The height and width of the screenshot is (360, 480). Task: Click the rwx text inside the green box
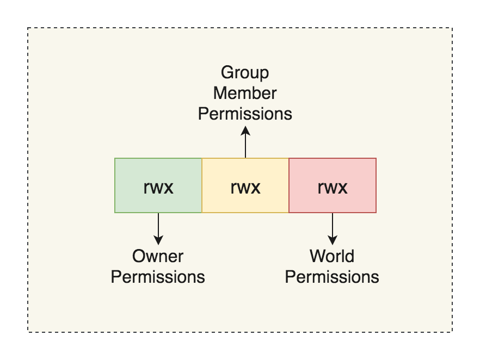(x=158, y=188)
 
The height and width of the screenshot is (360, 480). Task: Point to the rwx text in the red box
(x=332, y=188)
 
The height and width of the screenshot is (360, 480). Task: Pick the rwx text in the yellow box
(x=245, y=188)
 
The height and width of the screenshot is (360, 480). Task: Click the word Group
(x=245, y=72)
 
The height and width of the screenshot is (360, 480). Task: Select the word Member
(x=245, y=93)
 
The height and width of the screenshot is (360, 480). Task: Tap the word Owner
(x=158, y=256)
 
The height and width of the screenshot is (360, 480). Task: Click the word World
(x=332, y=256)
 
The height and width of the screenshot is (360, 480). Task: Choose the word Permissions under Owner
(x=158, y=276)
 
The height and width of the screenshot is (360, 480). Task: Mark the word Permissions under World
(x=332, y=276)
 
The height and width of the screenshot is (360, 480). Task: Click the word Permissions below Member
(x=245, y=114)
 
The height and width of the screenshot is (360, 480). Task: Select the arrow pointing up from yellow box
(x=245, y=144)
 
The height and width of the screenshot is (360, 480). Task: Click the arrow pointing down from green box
(x=158, y=226)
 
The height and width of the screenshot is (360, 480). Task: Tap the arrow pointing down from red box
(x=332, y=226)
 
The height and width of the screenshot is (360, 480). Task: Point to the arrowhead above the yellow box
(x=245, y=130)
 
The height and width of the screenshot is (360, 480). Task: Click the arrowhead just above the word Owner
(x=158, y=240)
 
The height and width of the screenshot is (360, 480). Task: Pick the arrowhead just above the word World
(x=332, y=240)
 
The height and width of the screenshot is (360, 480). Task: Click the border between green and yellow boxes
(x=202, y=185)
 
